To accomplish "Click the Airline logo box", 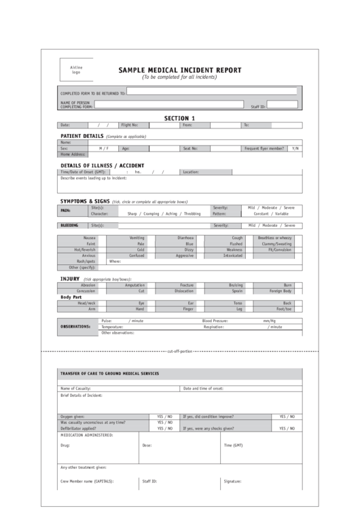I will (76, 70).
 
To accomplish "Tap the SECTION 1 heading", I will (179, 118).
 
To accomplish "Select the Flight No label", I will (130, 125).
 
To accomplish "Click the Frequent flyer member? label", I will (264, 148).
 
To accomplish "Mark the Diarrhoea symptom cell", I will (185, 238).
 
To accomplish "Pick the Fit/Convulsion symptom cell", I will (279, 249).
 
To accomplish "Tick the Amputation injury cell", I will (135, 285).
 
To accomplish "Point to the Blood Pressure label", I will (215, 320).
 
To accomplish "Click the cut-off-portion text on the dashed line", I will (180, 351).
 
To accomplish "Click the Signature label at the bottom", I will (232, 480).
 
